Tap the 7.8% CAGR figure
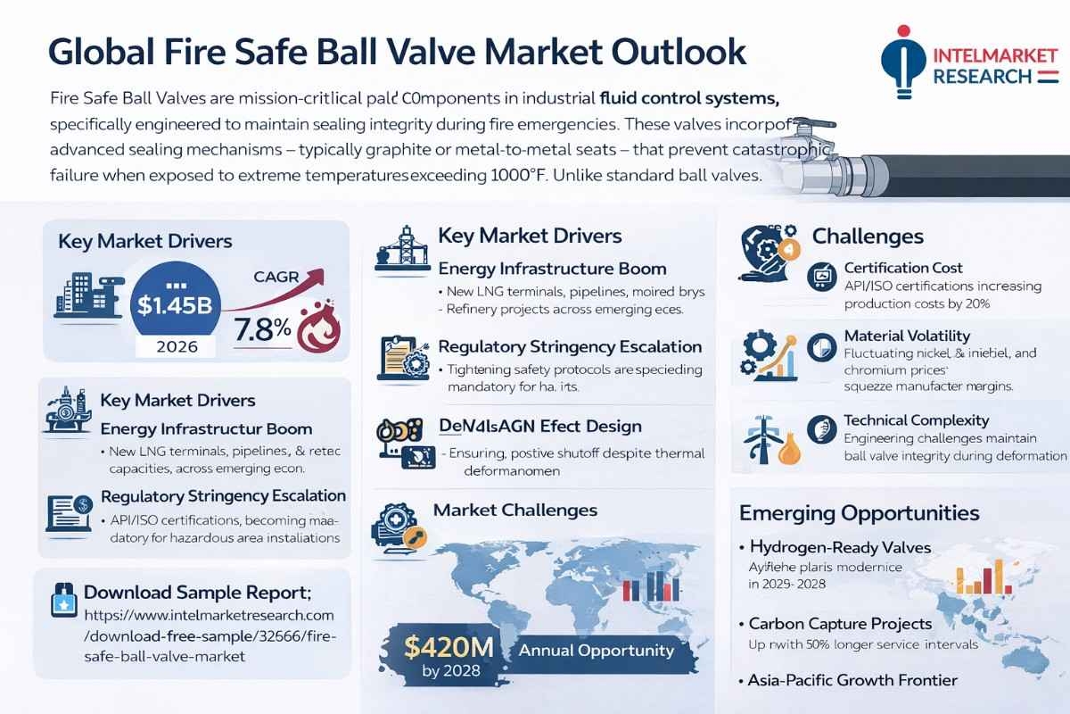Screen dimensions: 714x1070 (262, 328)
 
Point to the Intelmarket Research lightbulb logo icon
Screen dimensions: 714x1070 (902, 67)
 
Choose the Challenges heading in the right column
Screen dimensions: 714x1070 (867, 237)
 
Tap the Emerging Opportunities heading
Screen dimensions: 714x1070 (859, 513)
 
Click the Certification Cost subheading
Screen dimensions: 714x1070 (902, 268)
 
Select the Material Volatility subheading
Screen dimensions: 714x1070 (906, 336)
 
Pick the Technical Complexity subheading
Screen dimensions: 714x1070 (916, 419)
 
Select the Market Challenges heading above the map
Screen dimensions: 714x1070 (514, 511)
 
